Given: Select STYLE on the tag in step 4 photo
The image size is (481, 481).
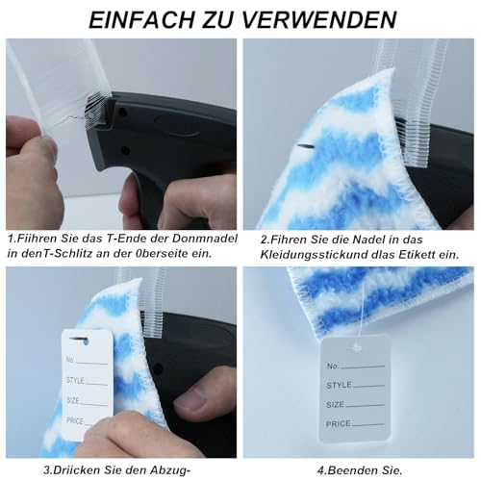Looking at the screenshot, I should pos(340,385).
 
